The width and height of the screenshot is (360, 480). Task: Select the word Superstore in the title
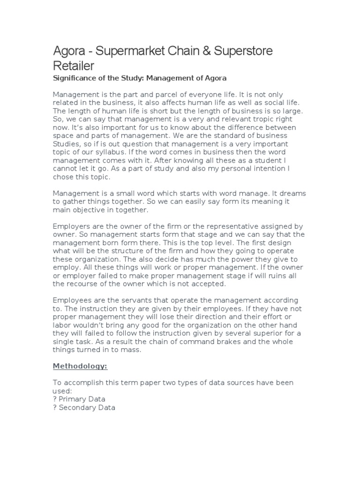[243, 51]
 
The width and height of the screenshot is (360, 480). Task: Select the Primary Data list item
[82, 399]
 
